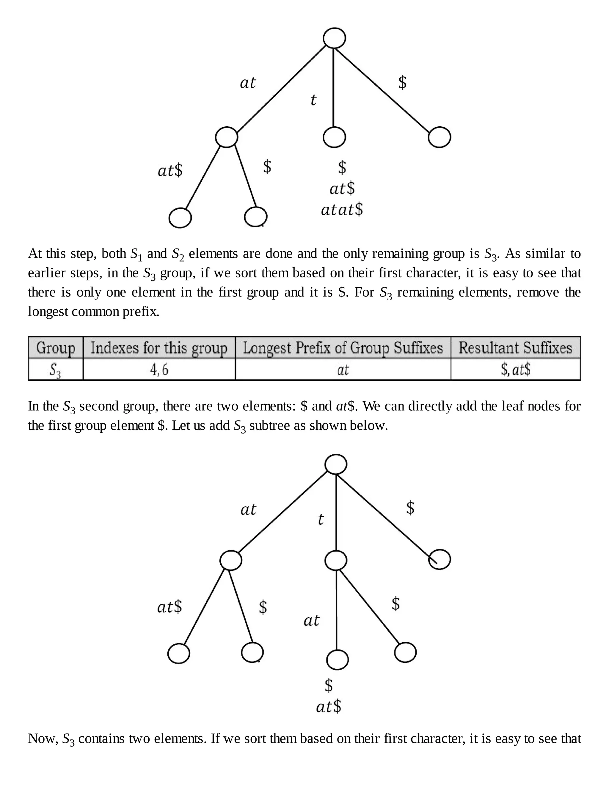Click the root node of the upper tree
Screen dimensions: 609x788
tap(334, 38)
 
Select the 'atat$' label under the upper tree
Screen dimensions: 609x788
tap(342, 210)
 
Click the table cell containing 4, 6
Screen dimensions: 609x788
tap(159, 369)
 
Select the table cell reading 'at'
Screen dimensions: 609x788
tap(343, 369)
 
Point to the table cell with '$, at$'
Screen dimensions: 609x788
tap(515, 369)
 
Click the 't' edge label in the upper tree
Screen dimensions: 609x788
tap(313, 100)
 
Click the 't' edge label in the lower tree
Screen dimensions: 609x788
tap(320, 519)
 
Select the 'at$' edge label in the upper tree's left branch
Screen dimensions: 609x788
tap(170, 170)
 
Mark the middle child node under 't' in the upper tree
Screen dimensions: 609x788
tap(334, 137)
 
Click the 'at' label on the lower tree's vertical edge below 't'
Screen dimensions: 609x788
tap(311, 621)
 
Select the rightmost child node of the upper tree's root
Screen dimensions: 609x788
tap(440, 137)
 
